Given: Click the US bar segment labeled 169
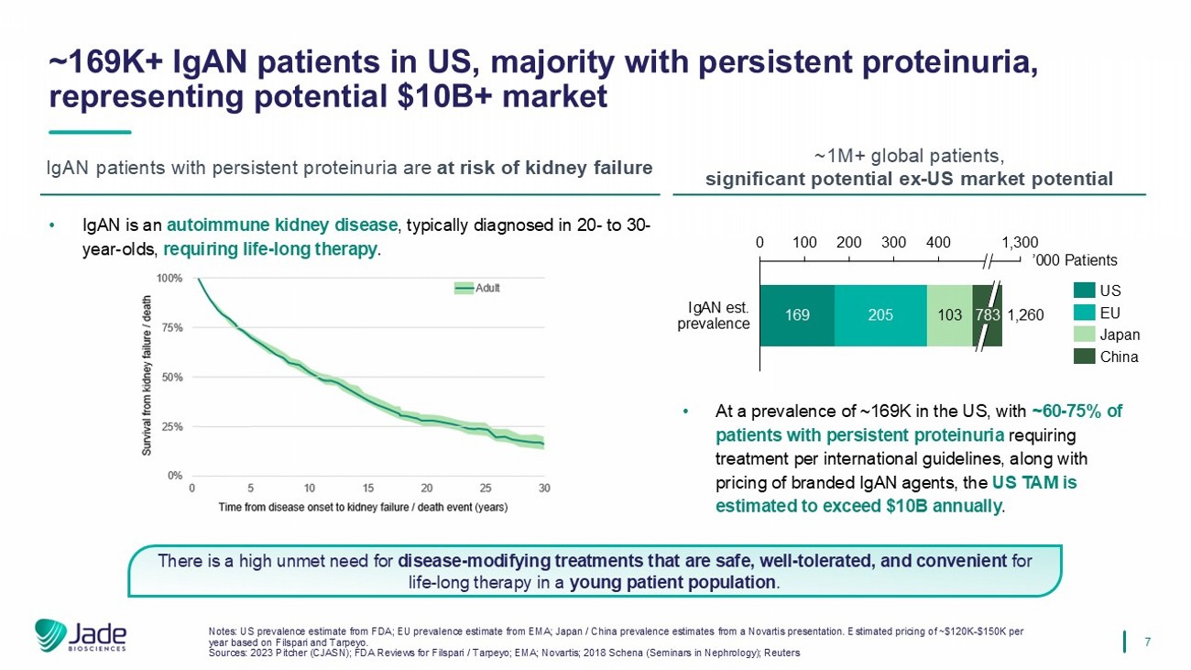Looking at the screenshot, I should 796,315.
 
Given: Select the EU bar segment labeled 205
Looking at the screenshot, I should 880,315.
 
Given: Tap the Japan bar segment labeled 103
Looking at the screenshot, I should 949,315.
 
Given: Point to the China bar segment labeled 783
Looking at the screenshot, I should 988,315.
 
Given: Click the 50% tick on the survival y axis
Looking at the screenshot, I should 173,377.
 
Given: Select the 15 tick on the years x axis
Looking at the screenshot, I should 368,488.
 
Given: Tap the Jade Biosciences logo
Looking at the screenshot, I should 81,635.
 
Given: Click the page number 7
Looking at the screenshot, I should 1148,642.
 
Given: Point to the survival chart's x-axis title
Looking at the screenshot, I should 363,507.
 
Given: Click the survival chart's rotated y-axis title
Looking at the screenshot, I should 147,377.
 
